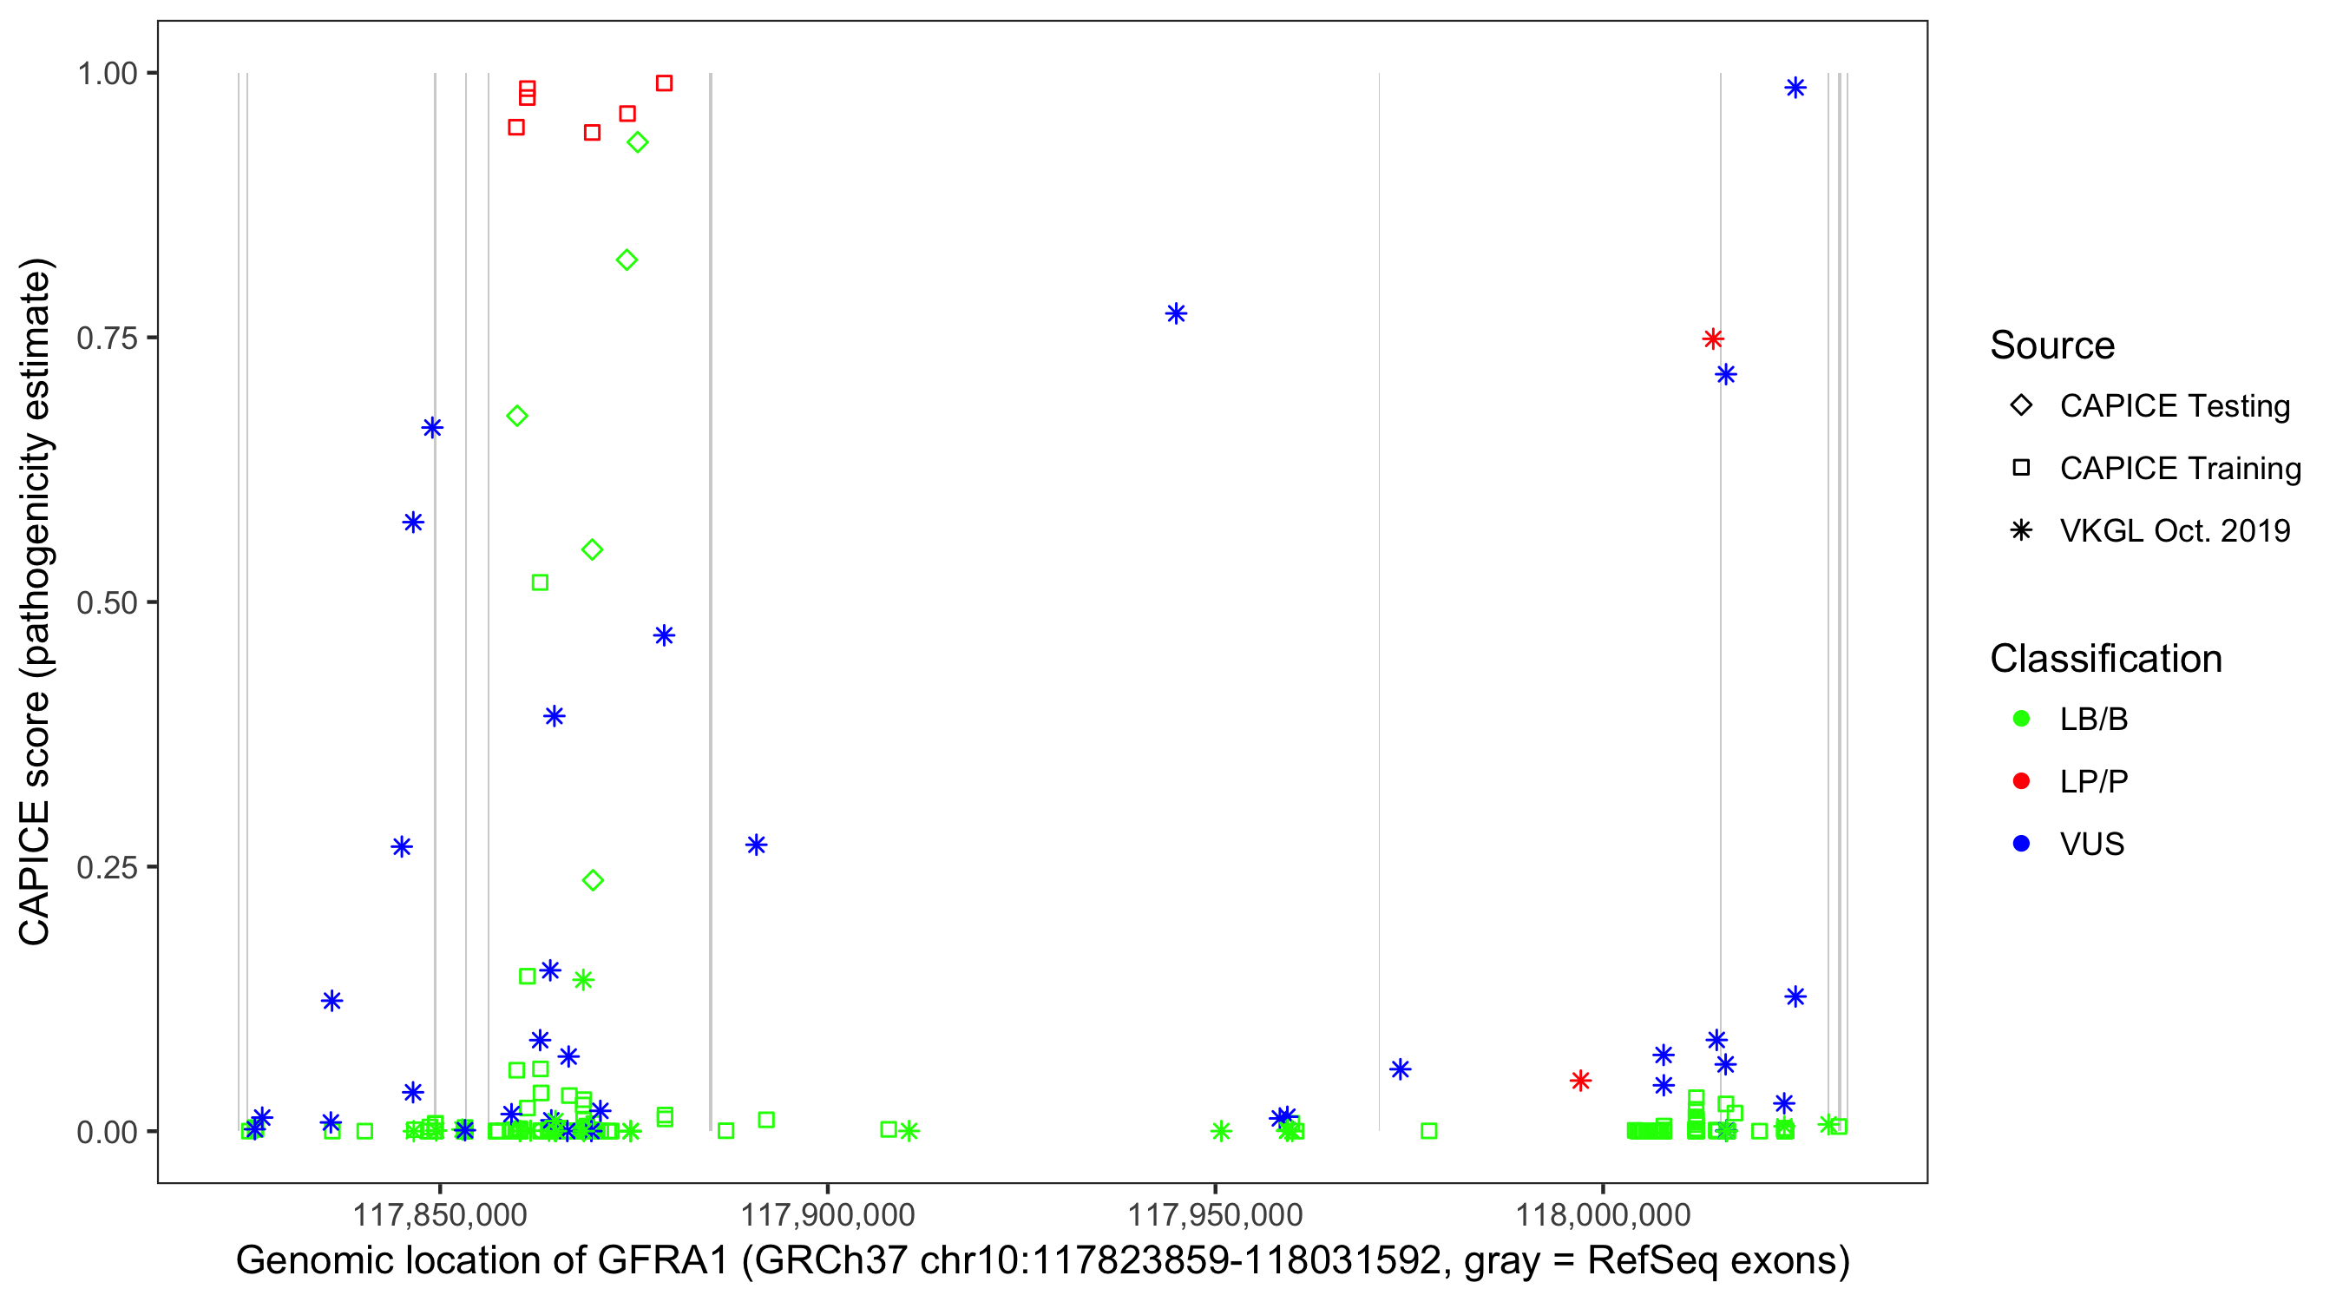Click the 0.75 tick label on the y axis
[x=106, y=339]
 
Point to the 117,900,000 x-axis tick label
[x=828, y=1213]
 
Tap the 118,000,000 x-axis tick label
[x=1603, y=1213]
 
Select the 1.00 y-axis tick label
[x=106, y=74]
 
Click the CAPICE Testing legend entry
[x=2174, y=406]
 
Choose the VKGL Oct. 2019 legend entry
[x=2174, y=530]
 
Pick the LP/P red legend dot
[x=2021, y=781]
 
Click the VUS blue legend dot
[x=2021, y=844]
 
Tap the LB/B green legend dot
[x=2021, y=719]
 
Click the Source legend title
[x=2052, y=345]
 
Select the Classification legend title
[x=2105, y=659]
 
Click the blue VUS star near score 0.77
[x=1176, y=314]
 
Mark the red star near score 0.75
[x=1713, y=339]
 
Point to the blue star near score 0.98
[x=1795, y=89]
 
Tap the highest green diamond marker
[x=638, y=143]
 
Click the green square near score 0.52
[x=541, y=582]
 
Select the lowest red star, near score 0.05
[x=1581, y=1081]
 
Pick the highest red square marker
[x=665, y=83]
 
